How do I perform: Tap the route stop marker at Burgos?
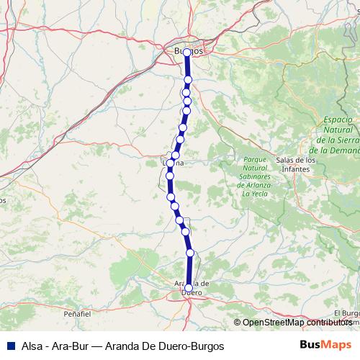tap(187, 53)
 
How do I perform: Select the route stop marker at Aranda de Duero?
tap(188, 288)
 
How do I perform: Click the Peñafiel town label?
tap(77, 315)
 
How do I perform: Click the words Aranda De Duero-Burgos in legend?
tap(165, 346)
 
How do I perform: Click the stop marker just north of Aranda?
tap(191, 253)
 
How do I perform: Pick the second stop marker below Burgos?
tap(186, 92)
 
